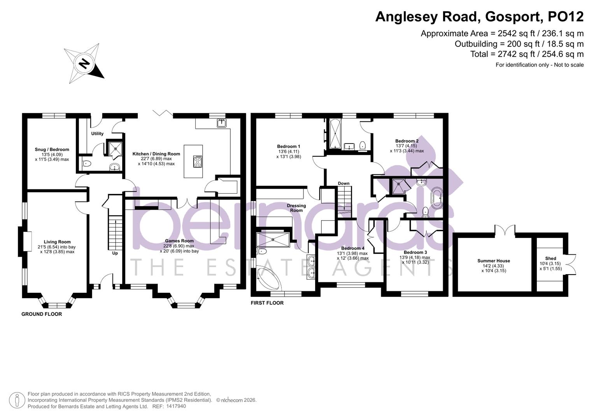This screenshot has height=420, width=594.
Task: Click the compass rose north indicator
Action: (x=84, y=63)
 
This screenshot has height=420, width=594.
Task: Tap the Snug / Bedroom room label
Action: (x=52, y=150)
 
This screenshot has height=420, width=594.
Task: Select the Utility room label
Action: (x=97, y=134)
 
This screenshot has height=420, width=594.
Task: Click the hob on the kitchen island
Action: (x=198, y=161)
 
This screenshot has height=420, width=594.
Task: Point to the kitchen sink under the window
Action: (x=222, y=123)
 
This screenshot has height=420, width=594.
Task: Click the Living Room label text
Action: (x=57, y=242)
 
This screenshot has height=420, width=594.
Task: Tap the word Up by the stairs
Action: (x=115, y=253)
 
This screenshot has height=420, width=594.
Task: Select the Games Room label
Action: (x=179, y=241)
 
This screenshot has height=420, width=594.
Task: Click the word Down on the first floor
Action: (x=343, y=184)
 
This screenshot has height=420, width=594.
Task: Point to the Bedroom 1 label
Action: (x=288, y=147)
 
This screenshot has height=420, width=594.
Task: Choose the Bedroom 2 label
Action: (x=407, y=141)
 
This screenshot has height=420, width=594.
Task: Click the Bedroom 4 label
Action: (x=352, y=248)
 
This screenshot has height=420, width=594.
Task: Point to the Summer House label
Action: (x=494, y=261)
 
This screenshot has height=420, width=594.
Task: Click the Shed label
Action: (x=550, y=258)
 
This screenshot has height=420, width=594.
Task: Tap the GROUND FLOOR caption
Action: (x=42, y=314)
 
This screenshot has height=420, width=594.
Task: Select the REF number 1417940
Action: (x=176, y=406)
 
